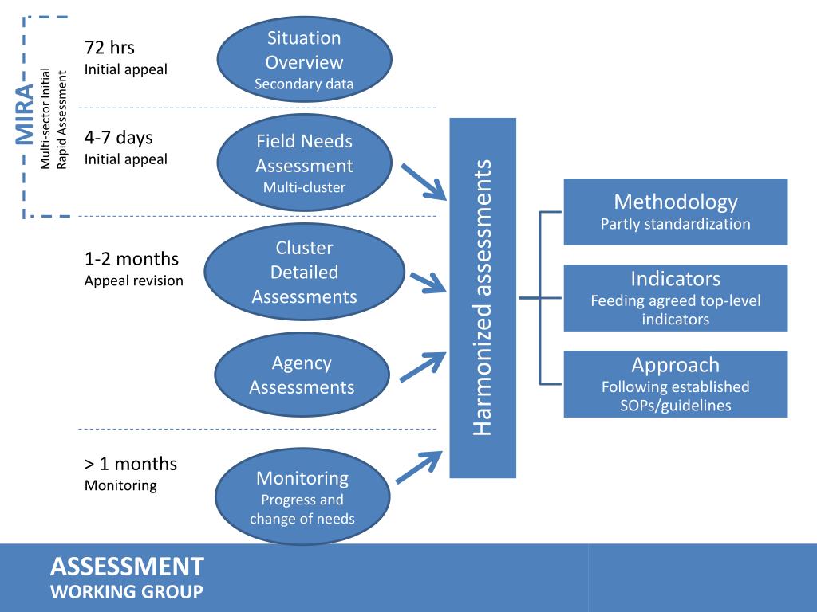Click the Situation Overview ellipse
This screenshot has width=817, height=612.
pos(304,61)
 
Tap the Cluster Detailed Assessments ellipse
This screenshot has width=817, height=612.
pos(304,272)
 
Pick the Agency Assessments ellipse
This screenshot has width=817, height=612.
pos(302,375)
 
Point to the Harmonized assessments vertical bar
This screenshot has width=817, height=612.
pos(483,297)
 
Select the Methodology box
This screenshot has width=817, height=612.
pos(675,211)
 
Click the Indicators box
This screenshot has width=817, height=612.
pos(675,297)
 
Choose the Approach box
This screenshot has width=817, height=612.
pos(675,384)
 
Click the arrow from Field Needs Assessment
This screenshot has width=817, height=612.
pos(423,182)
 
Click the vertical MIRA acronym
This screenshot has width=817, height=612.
pos(26,116)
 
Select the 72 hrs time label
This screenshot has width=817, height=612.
pos(109,48)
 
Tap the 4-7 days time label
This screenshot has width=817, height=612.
pos(118,138)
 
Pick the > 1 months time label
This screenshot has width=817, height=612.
pos(131,464)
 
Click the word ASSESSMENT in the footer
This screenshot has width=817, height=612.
pos(127,567)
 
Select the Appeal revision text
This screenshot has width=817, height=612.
pos(133,280)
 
